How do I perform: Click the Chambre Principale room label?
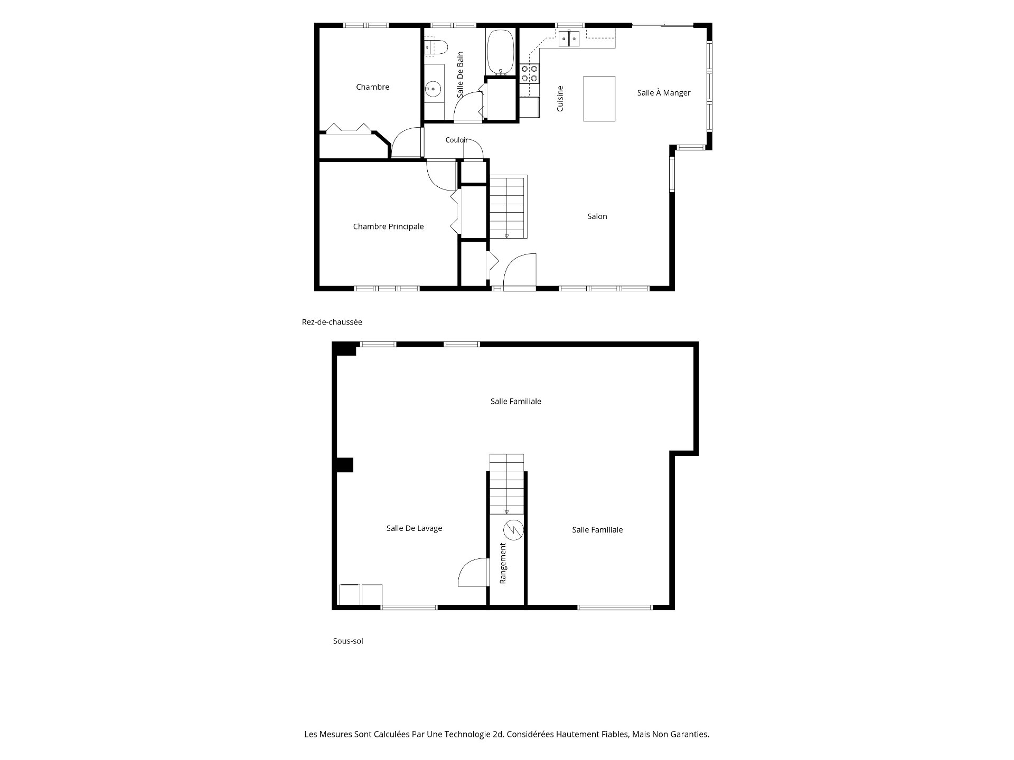(388, 226)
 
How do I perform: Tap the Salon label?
(597, 216)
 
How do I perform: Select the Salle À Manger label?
(664, 92)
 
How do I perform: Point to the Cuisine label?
(560, 99)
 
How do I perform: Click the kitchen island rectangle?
(599, 99)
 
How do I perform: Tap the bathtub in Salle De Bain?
(500, 52)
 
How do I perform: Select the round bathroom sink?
(433, 89)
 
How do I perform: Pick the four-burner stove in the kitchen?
(529, 73)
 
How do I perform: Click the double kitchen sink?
(569, 38)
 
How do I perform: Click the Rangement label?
(503, 564)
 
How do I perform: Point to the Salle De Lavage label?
(414, 528)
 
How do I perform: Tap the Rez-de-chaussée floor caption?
(332, 322)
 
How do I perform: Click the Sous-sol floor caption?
(348, 641)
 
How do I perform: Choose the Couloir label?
(456, 140)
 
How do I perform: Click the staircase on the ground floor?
(508, 207)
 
